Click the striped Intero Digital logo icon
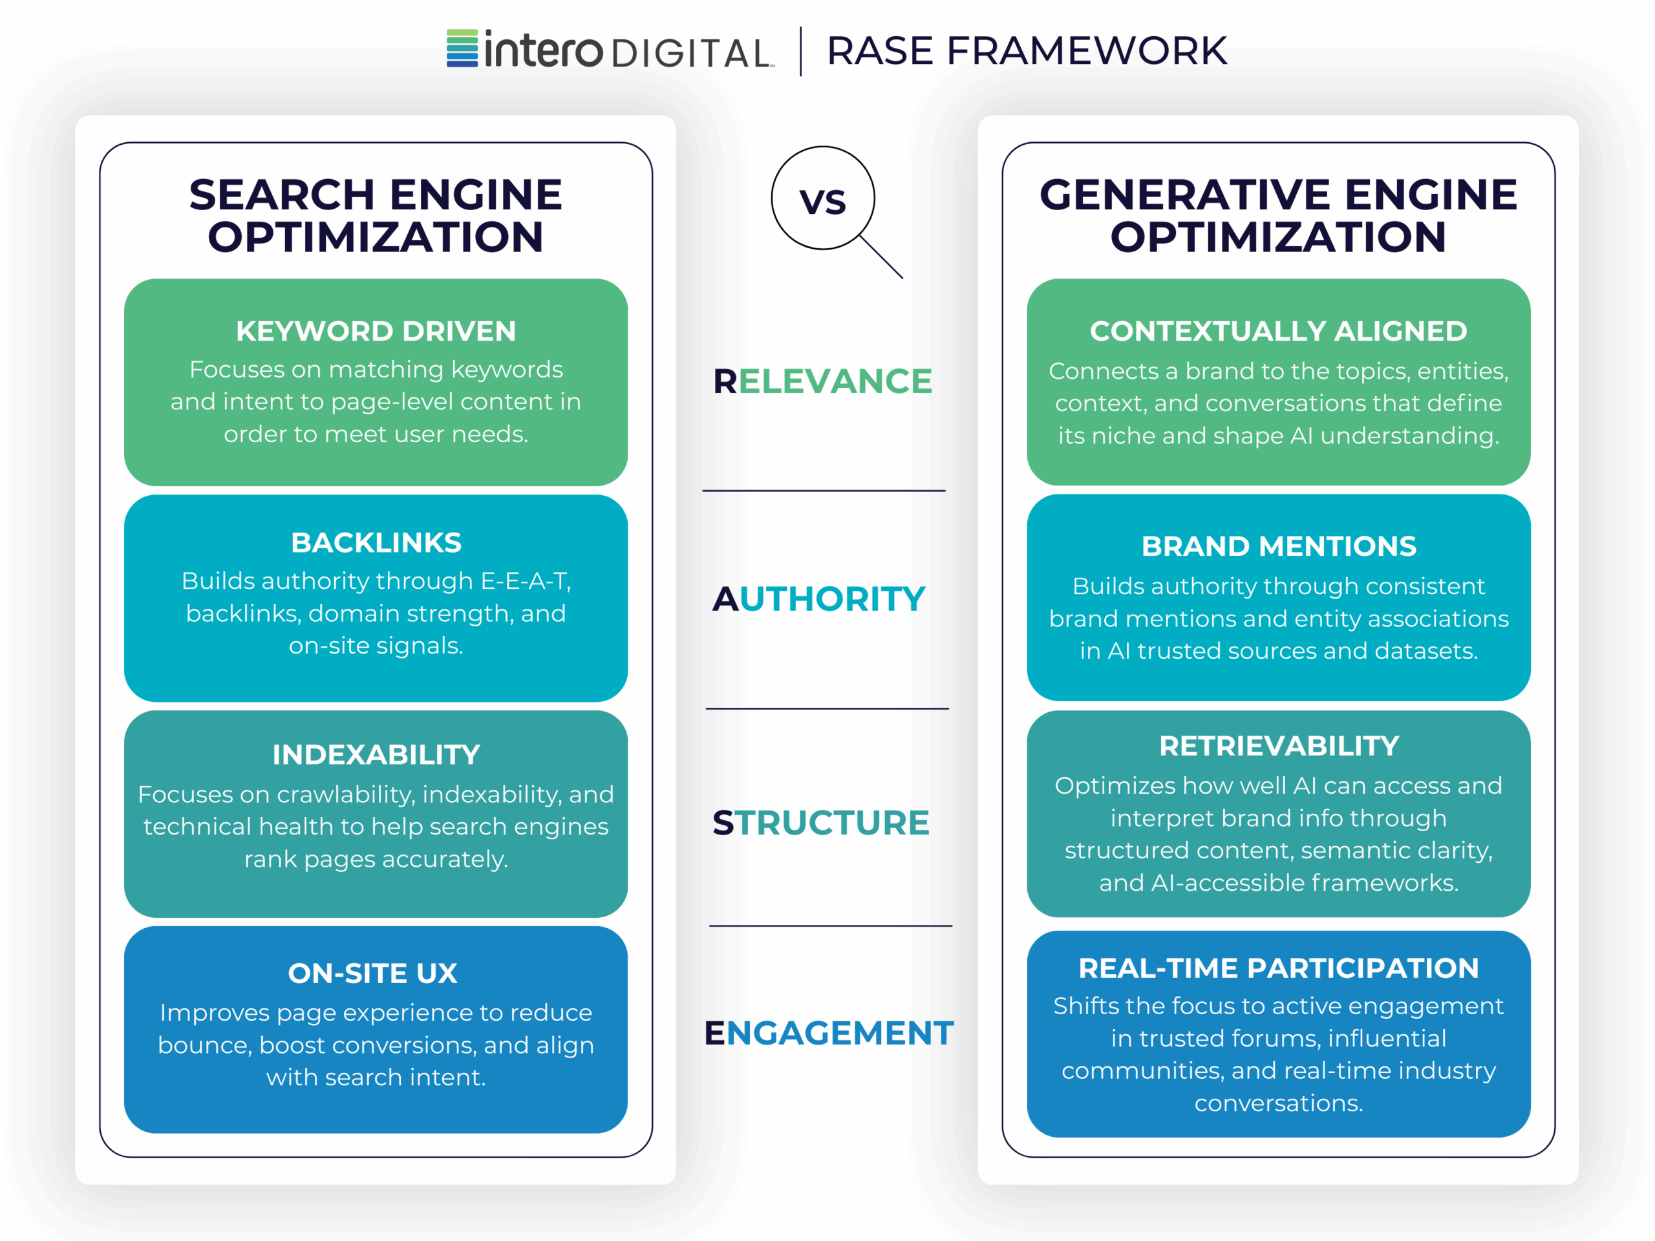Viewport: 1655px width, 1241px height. (x=462, y=48)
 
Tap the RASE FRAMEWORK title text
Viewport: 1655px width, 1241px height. (x=1027, y=51)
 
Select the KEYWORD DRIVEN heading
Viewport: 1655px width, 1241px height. (x=376, y=332)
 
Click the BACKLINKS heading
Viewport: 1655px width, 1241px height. (x=376, y=543)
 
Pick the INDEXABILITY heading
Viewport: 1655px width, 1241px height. (x=376, y=755)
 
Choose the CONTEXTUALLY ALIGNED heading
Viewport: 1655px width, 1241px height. (x=1278, y=332)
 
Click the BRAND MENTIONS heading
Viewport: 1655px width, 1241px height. (x=1278, y=547)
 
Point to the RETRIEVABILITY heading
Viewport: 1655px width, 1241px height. (x=1278, y=746)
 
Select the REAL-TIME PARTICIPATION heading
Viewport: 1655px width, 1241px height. (x=1278, y=968)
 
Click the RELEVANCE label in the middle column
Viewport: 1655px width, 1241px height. (x=822, y=381)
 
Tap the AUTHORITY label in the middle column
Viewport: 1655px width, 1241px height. (x=818, y=599)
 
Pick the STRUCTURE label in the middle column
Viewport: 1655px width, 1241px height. (x=821, y=823)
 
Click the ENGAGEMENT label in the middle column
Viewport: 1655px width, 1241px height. (x=828, y=1033)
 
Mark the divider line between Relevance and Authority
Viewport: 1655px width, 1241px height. (x=824, y=491)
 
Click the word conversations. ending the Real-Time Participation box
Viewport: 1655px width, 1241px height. (x=1278, y=1103)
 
